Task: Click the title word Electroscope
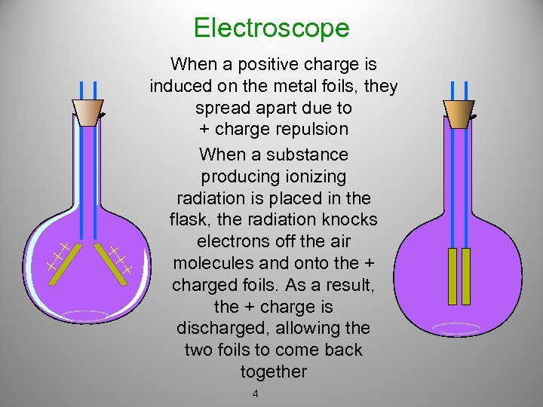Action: click(271, 28)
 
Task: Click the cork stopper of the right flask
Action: click(459, 113)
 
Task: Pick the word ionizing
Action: click(312, 176)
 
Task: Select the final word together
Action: click(274, 372)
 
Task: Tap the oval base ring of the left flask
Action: click(85, 316)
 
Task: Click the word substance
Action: click(311, 155)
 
